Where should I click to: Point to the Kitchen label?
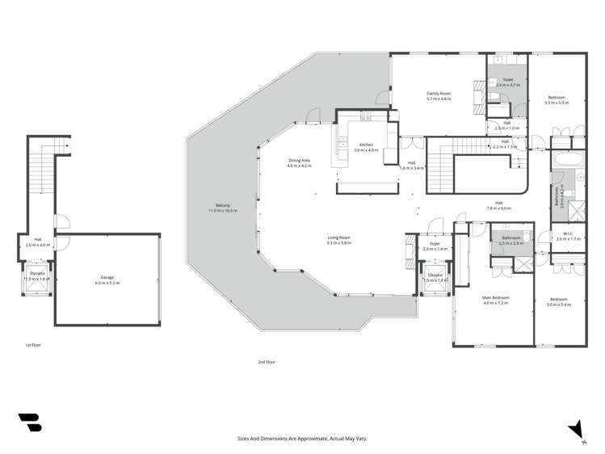366,147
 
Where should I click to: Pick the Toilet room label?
508,82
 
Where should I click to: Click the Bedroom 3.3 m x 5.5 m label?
557,99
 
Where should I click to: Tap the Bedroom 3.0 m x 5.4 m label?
558,301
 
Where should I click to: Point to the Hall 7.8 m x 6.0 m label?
498,204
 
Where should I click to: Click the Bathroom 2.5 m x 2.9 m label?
510,240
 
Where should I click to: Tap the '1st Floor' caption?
32,345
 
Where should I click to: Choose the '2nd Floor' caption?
267,362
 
